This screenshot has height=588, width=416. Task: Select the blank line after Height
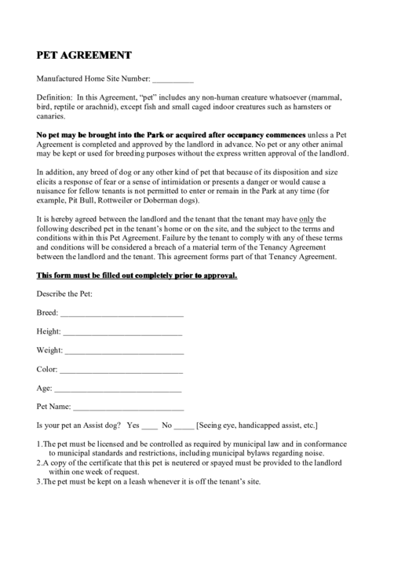(x=123, y=332)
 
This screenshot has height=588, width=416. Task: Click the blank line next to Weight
(x=124, y=350)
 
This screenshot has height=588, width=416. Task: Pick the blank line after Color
(x=121, y=369)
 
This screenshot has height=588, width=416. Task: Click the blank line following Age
(x=118, y=388)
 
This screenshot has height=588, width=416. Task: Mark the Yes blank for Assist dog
(x=150, y=425)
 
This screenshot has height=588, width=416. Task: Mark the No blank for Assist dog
(x=183, y=425)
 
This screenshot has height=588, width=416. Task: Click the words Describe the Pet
(x=65, y=294)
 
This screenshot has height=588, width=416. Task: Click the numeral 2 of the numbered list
(x=39, y=463)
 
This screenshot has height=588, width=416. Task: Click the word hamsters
(x=308, y=106)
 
